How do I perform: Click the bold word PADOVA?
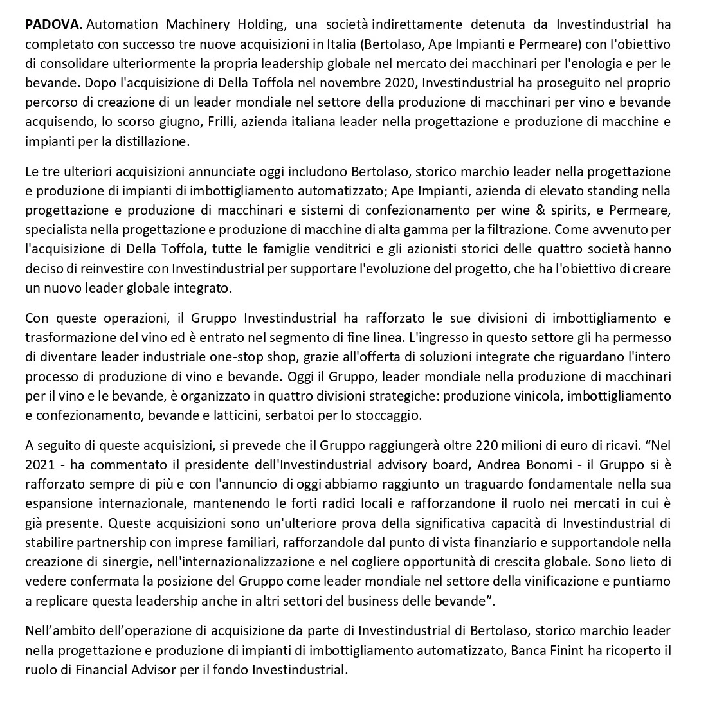(54, 25)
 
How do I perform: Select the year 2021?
(39, 464)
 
